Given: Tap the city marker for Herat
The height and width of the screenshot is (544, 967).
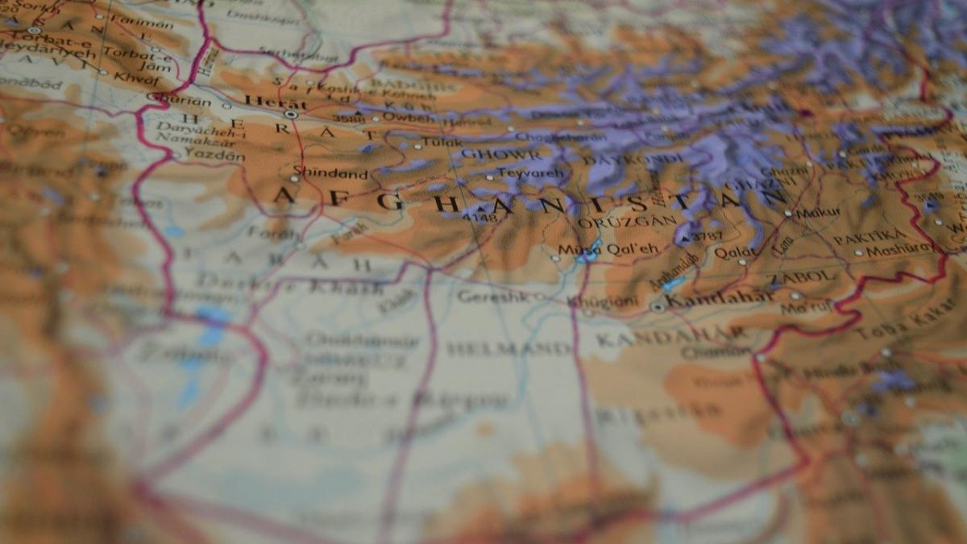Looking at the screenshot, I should [x=291, y=114].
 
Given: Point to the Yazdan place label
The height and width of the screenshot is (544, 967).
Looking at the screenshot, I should [x=214, y=155].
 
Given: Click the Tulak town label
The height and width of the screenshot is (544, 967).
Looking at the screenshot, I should [x=442, y=143].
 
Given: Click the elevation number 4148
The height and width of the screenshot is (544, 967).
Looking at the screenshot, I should [x=481, y=217].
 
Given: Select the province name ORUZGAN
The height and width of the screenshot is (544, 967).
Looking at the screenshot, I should [x=615, y=221].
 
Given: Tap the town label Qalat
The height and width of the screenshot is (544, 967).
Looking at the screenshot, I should [x=735, y=252].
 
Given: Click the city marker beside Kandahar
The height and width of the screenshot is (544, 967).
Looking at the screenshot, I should [x=658, y=307].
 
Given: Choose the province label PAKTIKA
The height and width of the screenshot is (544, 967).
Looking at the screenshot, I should [x=869, y=237].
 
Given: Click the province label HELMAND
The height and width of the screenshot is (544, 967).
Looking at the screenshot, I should [x=508, y=348].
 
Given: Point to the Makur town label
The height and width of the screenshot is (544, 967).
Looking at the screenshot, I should [x=817, y=213].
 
